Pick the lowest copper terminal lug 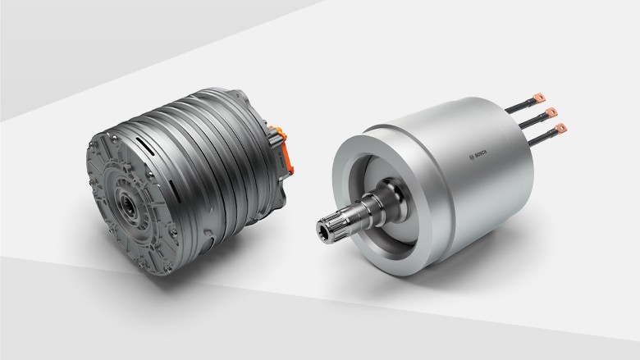click(x=561, y=128)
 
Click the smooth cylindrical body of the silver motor click(x=484, y=189)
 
